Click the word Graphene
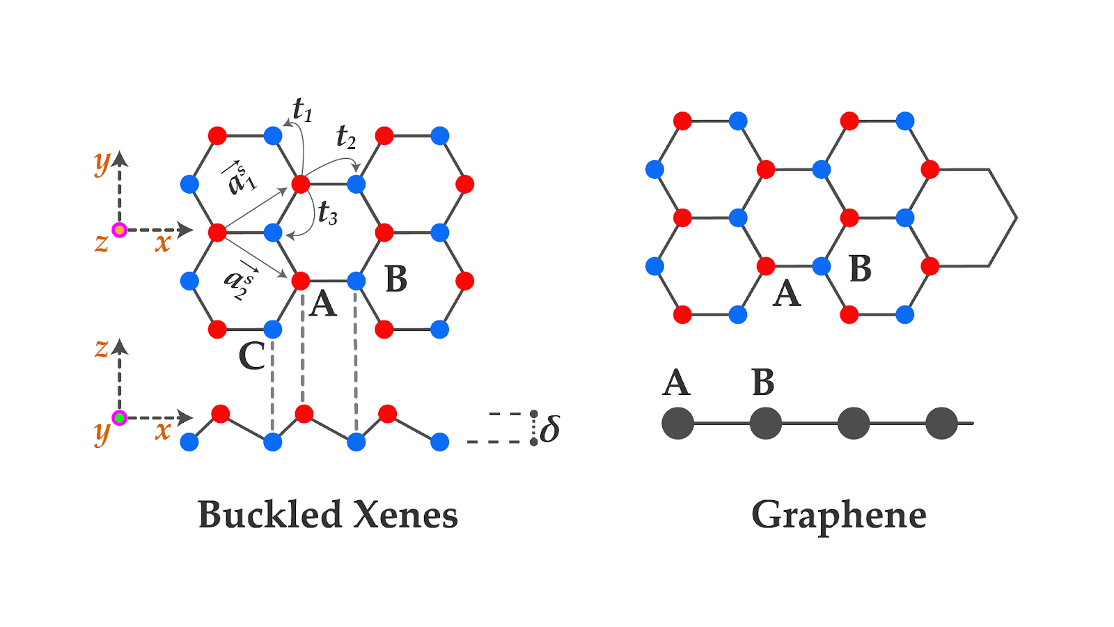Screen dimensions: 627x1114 click(838, 516)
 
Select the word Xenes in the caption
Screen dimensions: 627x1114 click(405, 516)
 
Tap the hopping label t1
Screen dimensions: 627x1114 click(302, 109)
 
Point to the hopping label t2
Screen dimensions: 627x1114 click(346, 137)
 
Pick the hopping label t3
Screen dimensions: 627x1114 click(327, 212)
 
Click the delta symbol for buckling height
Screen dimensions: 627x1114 click(550, 428)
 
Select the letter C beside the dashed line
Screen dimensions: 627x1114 click(251, 356)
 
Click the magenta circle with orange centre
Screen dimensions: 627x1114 click(120, 230)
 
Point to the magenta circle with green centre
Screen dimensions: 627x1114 click(120, 418)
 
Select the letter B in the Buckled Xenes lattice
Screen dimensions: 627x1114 click(396, 279)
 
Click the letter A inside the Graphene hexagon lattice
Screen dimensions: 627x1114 click(787, 293)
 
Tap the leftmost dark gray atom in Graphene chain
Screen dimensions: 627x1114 click(677, 423)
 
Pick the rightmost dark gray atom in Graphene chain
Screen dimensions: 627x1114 click(941, 423)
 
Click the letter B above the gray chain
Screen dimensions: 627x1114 click(763, 382)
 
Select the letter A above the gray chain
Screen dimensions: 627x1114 click(676, 382)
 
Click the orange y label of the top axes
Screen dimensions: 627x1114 click(102, 163)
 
